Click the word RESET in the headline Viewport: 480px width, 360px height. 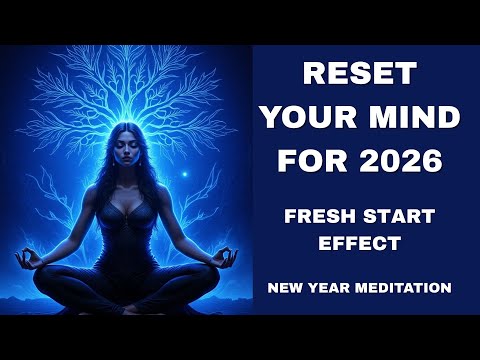click(356, 76)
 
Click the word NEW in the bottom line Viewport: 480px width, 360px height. click(287, 289)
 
